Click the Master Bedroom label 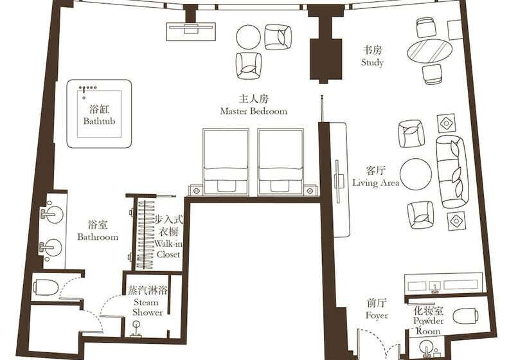click(x=253, y=105)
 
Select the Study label click(x=372, y=57)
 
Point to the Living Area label click(x=376, y=177)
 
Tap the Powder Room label click(x=428, y=320)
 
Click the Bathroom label click(x=98, y=231)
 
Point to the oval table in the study click(x=430, y=50)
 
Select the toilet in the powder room click(x=465, y=315)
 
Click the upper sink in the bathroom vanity click(x=53, y=215)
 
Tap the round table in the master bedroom click(x=248, y=37)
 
